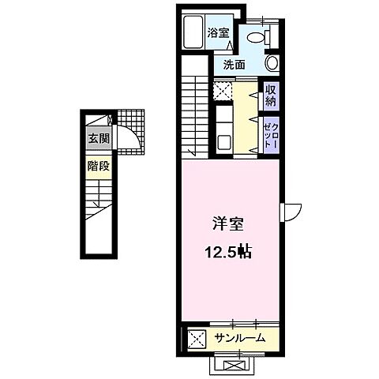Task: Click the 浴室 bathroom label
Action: (x=218, y=32)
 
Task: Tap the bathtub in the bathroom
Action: (x=193, y=32)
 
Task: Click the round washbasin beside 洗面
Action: (x=272, y=64)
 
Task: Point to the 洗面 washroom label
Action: (x=235, y=65)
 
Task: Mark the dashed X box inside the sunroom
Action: (x=195, y=340)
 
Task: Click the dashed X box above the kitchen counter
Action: (x=222, y=91)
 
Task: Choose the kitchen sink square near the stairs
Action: (x=223, y=144)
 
